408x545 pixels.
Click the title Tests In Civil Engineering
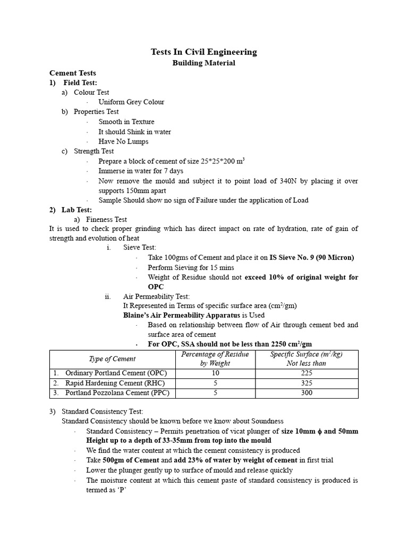(x=203, y=52)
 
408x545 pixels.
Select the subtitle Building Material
(x=203, y=63)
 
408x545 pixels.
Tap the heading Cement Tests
(x=73, y=73)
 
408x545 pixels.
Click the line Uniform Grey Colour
(x=131, y=102)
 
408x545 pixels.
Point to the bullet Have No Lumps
(x=123, y=142)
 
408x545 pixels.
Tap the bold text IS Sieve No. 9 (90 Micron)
(x=312, y=258)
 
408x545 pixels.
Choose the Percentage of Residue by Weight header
(x=215, y=359)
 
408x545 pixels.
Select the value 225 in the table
(x=306, y=374)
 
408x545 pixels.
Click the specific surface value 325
(x=306, y=383)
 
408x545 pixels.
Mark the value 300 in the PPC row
(x=306, y=393)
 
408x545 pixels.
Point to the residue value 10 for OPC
(x=215, y=374)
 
